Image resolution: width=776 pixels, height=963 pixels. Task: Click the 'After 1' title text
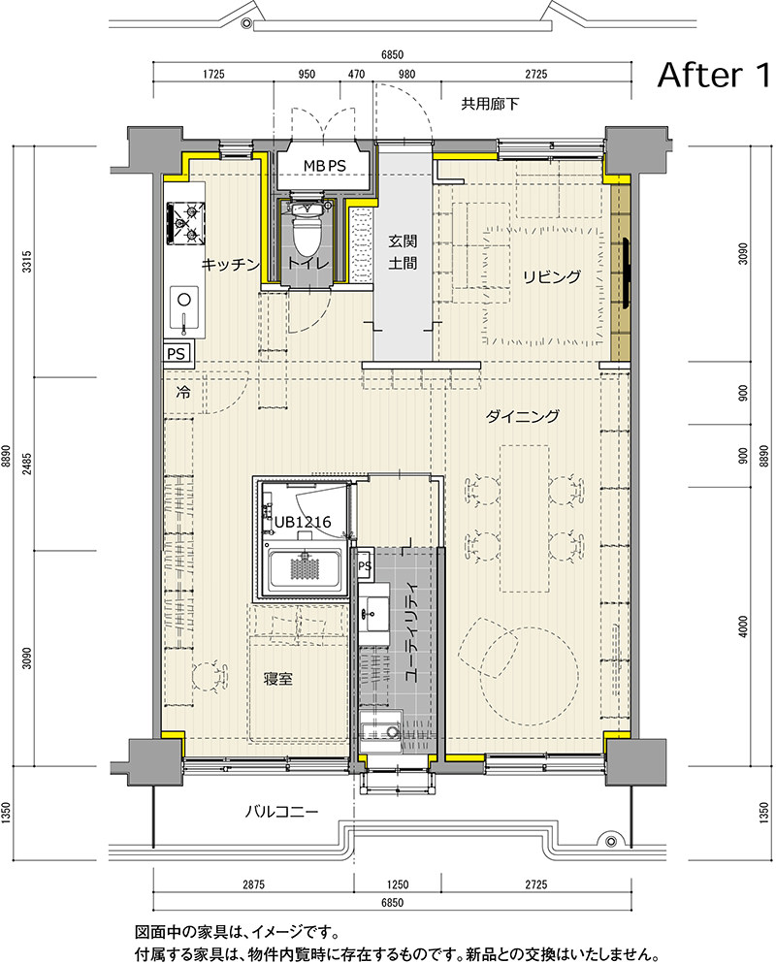tap(713, 75)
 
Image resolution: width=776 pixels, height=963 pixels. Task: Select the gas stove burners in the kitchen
tap(185, 224)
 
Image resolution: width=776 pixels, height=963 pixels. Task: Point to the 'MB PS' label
tap(324, 166)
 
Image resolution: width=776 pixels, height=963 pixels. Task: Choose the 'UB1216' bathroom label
tap(303, 522)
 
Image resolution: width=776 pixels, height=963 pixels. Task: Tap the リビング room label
tap(551, 276)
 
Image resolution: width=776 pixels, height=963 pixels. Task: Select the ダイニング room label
tap(522, 416)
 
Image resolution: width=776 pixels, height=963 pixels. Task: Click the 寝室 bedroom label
tap(278, 679)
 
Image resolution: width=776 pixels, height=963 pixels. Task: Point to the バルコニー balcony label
tap(282, 812)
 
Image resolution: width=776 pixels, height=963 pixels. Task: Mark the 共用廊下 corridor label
tap(490, 104)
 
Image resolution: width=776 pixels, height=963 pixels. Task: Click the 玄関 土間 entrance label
tap(404, 252)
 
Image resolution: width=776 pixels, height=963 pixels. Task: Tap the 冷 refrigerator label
tap(183, 392)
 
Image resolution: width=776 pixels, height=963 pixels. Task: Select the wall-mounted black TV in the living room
tap(626, 273)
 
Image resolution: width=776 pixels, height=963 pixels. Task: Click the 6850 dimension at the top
tap(392, 54)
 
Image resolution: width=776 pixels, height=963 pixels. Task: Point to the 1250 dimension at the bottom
tap(398, 885)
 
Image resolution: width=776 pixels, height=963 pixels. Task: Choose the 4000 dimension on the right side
tap(744, 627)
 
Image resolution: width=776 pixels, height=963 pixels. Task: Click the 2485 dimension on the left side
tap(26, 465)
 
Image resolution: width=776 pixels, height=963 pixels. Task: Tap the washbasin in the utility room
tap(373, 614)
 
